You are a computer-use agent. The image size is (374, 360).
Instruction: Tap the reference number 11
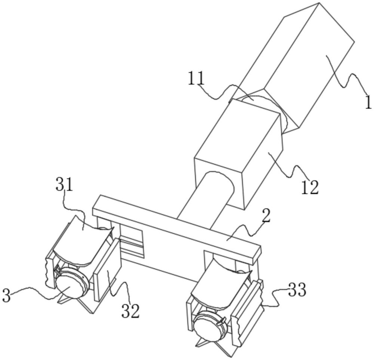(x=196, y=78)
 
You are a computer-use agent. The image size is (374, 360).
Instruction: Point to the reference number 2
(x=266, y=217)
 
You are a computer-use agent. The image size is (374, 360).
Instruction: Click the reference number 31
(x=64, y=184)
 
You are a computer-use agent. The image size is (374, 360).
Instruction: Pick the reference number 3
(x=6, y=296)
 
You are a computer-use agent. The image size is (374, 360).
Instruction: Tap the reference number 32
(x=131, y=311)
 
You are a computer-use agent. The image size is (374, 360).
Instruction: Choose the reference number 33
(x=297, y=290)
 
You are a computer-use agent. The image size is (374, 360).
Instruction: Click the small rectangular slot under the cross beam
(x=132, y=241)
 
